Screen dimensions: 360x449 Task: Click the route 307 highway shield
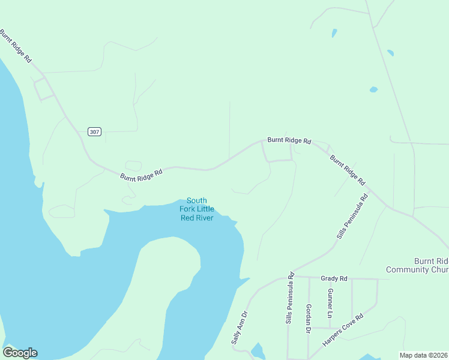click(94, 131)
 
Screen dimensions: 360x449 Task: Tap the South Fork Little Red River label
click(197, 209)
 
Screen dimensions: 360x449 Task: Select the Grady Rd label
click(334, 278)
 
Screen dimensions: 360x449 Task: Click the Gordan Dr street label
click(308, 318)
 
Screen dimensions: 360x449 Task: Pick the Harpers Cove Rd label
click(343, 330)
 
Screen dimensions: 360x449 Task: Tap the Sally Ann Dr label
click(239, 327)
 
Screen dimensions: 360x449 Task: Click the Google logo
click(20, 353)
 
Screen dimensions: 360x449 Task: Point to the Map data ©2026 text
click(424, 355)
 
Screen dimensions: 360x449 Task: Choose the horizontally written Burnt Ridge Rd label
click(289, 141)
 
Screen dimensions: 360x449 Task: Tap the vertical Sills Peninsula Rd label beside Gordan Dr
click(290, 299)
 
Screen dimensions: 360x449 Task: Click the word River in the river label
click(205, 217)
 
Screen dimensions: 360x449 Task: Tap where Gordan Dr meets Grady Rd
click(309, 278)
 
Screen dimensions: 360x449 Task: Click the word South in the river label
click(197, 200)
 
